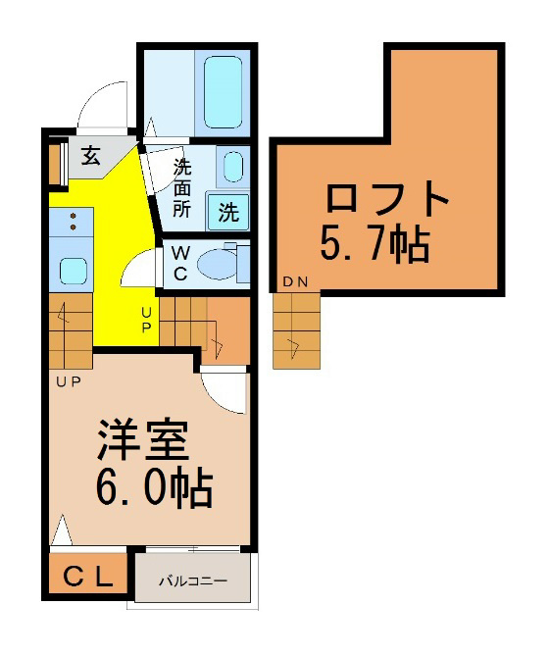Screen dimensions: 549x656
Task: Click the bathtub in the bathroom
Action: [x=223, y=91]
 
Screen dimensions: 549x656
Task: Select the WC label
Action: [x=180, y=263]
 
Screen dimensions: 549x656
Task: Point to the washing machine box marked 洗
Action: [x=228, y=212]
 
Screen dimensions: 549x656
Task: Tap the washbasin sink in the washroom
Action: [x=233, y=167]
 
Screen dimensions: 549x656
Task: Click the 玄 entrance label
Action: [x=91, y=156]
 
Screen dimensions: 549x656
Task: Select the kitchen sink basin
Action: [x=74, y=271]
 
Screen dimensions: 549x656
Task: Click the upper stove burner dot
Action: [x=74, y=216]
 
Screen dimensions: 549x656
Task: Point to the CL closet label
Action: [x=88, y=578]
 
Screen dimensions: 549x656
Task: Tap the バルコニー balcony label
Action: [x=193, y=581]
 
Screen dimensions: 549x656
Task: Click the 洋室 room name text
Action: [x=143, y=439]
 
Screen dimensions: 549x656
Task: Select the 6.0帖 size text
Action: [x=155, y=487]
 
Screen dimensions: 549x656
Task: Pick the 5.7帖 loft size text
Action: [x=375, y=242]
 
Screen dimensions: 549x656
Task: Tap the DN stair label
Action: [x=295, y=282]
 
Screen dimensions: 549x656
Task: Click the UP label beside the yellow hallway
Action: [x=146, y=320]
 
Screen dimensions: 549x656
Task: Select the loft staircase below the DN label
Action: [x=296, y=330]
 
